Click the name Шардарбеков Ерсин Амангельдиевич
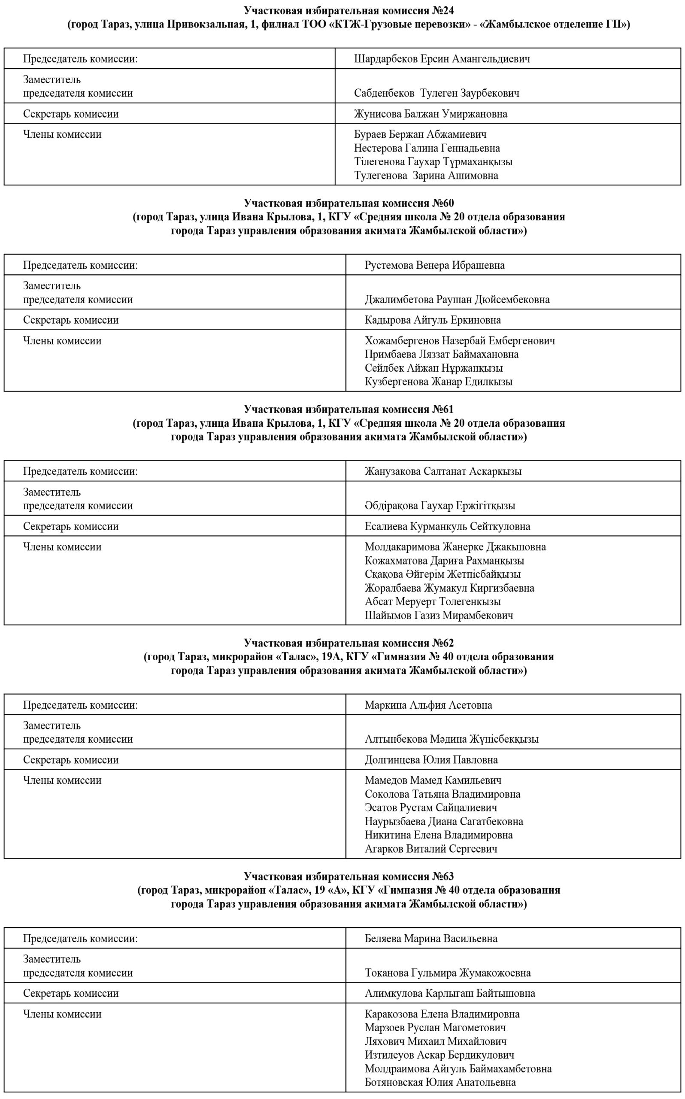pyautogui.click(x=442, y=59)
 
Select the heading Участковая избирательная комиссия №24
pyautogui.click(x=349, y=10)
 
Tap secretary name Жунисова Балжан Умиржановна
pyautogui.click(x=430, y=114)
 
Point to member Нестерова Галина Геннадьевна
pyautogui.click(x=427, y=148)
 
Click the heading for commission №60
pyautogui.click(x=349, y=203)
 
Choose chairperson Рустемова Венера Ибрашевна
pyautogui.click(x=434, y=265)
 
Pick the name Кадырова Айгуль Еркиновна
pyautogui.click(x=433, y=320)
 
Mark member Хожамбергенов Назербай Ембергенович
pyautogui.click(x=459, y=341)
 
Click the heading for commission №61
pyautogui.click(x=349, y=409)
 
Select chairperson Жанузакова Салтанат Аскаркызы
pyautogui.click(x=443, y=471)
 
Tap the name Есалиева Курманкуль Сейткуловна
pyautogui.click(x=447, y=526)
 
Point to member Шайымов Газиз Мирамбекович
pyautogui.click(x=439, y=615)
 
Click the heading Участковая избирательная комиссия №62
pyautogui.click(x=349, y=643)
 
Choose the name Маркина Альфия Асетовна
pyautogui.click(x=428, y=705)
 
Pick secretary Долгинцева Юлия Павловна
pyautogui.click(x=431, y=760)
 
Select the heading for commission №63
pyautogui.click(x=349, y=876)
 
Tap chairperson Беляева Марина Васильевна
pyautogui.click(x=431, y=938)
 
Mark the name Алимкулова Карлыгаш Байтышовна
pyautogui.click(x=450, y=993)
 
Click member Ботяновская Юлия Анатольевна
pyautogui.click(x=440, y=1082)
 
